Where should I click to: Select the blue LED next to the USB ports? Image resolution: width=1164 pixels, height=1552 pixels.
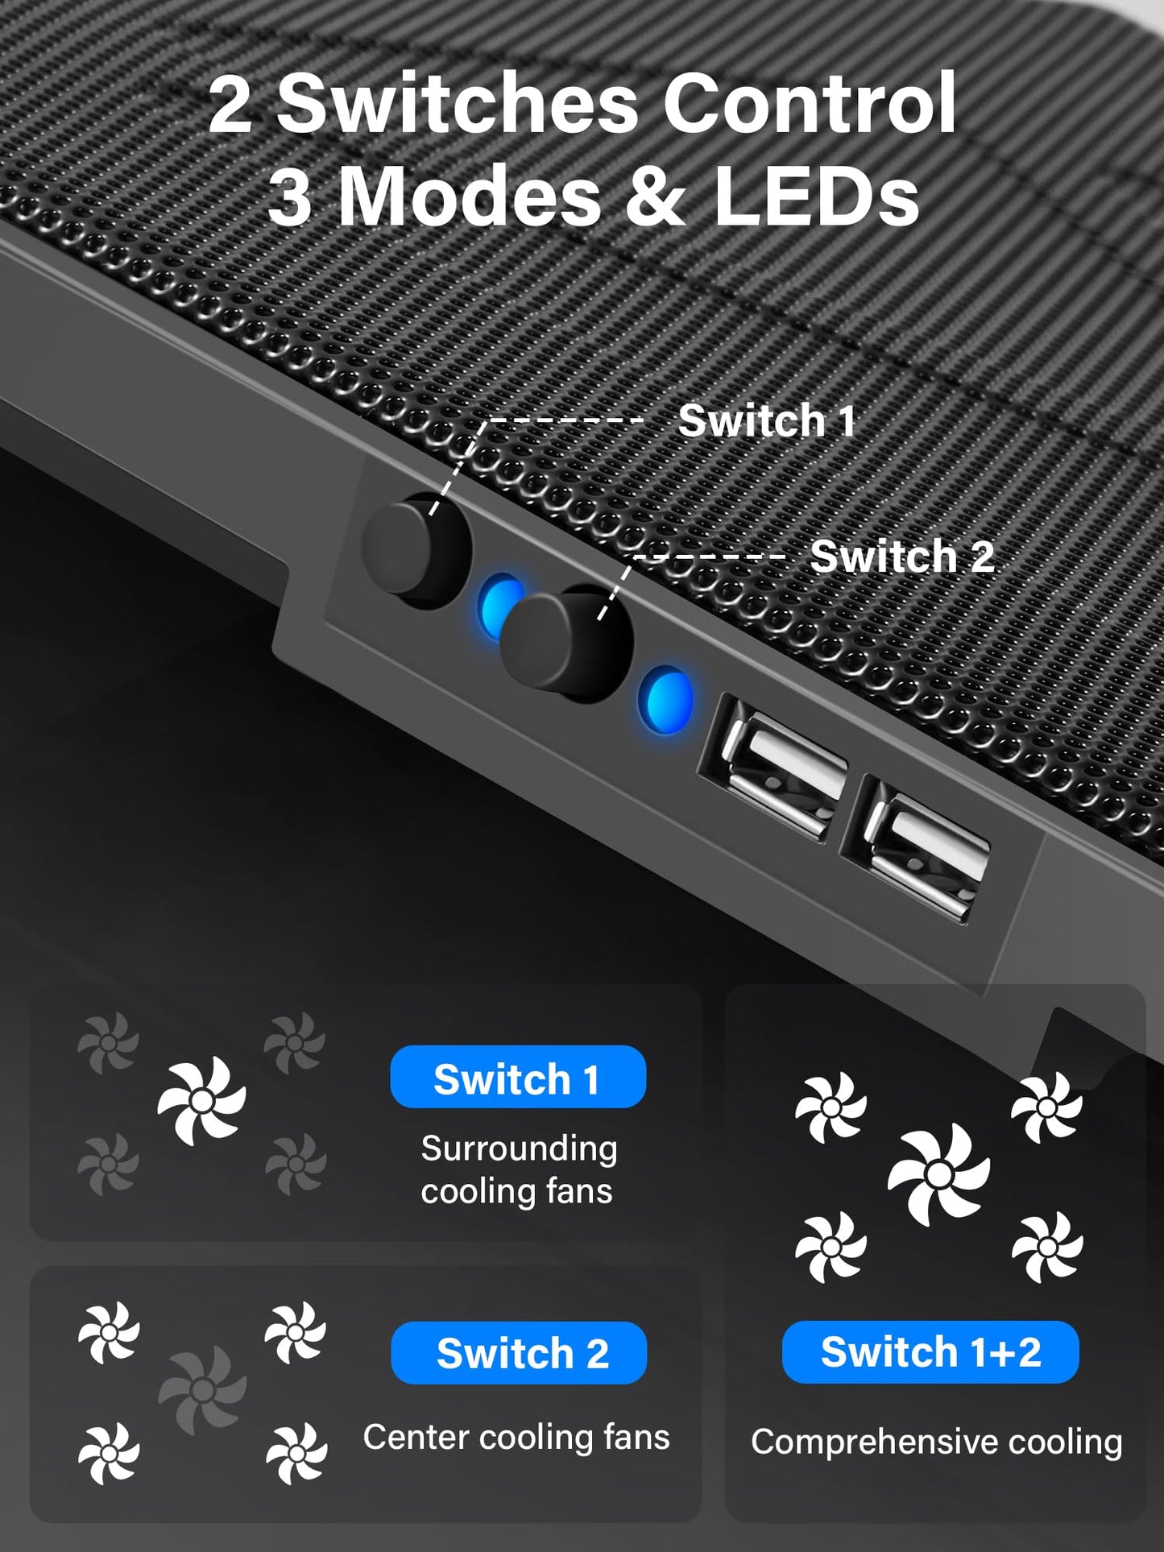click(x=665, y=699)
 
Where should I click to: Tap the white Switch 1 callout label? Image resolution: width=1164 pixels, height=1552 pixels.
click(x=766, y=420)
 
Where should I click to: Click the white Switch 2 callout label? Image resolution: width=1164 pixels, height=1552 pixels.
click(x=901, y=557)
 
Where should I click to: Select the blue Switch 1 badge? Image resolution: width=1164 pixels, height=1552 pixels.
click(x=517, y=1078)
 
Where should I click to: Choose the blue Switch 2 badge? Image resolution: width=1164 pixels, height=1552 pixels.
click(x=519, y=1353)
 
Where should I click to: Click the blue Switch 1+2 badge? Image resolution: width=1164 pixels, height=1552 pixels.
click(x=930, y=1351)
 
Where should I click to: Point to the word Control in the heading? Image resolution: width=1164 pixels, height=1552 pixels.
click(x=810, y=105)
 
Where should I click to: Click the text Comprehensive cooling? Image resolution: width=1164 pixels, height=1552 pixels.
click(x=936, y=1442)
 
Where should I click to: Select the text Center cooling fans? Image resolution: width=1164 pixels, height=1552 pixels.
click(x=516, y=1438)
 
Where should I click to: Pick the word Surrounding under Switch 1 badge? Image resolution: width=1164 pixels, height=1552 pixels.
click(x=519, y=1148)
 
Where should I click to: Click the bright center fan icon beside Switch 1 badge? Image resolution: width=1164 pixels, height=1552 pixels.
click(x=201, y=1100)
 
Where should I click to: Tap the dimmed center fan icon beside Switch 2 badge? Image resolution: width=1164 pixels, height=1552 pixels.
click(x=202, y=1389)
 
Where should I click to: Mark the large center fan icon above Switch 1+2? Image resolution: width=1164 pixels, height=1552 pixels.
click(x=938, y=1174)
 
